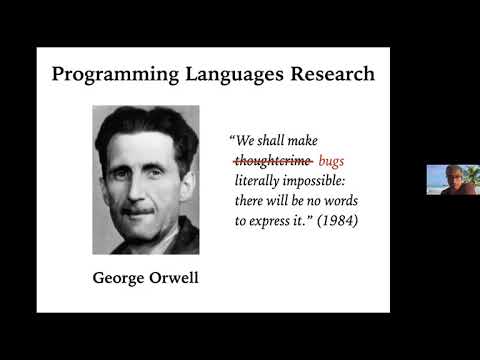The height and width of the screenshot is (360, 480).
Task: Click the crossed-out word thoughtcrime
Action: pyautogui.click(x=273, y=160)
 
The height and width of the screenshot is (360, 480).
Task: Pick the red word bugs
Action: pyautogui.click(x=332, y=160)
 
